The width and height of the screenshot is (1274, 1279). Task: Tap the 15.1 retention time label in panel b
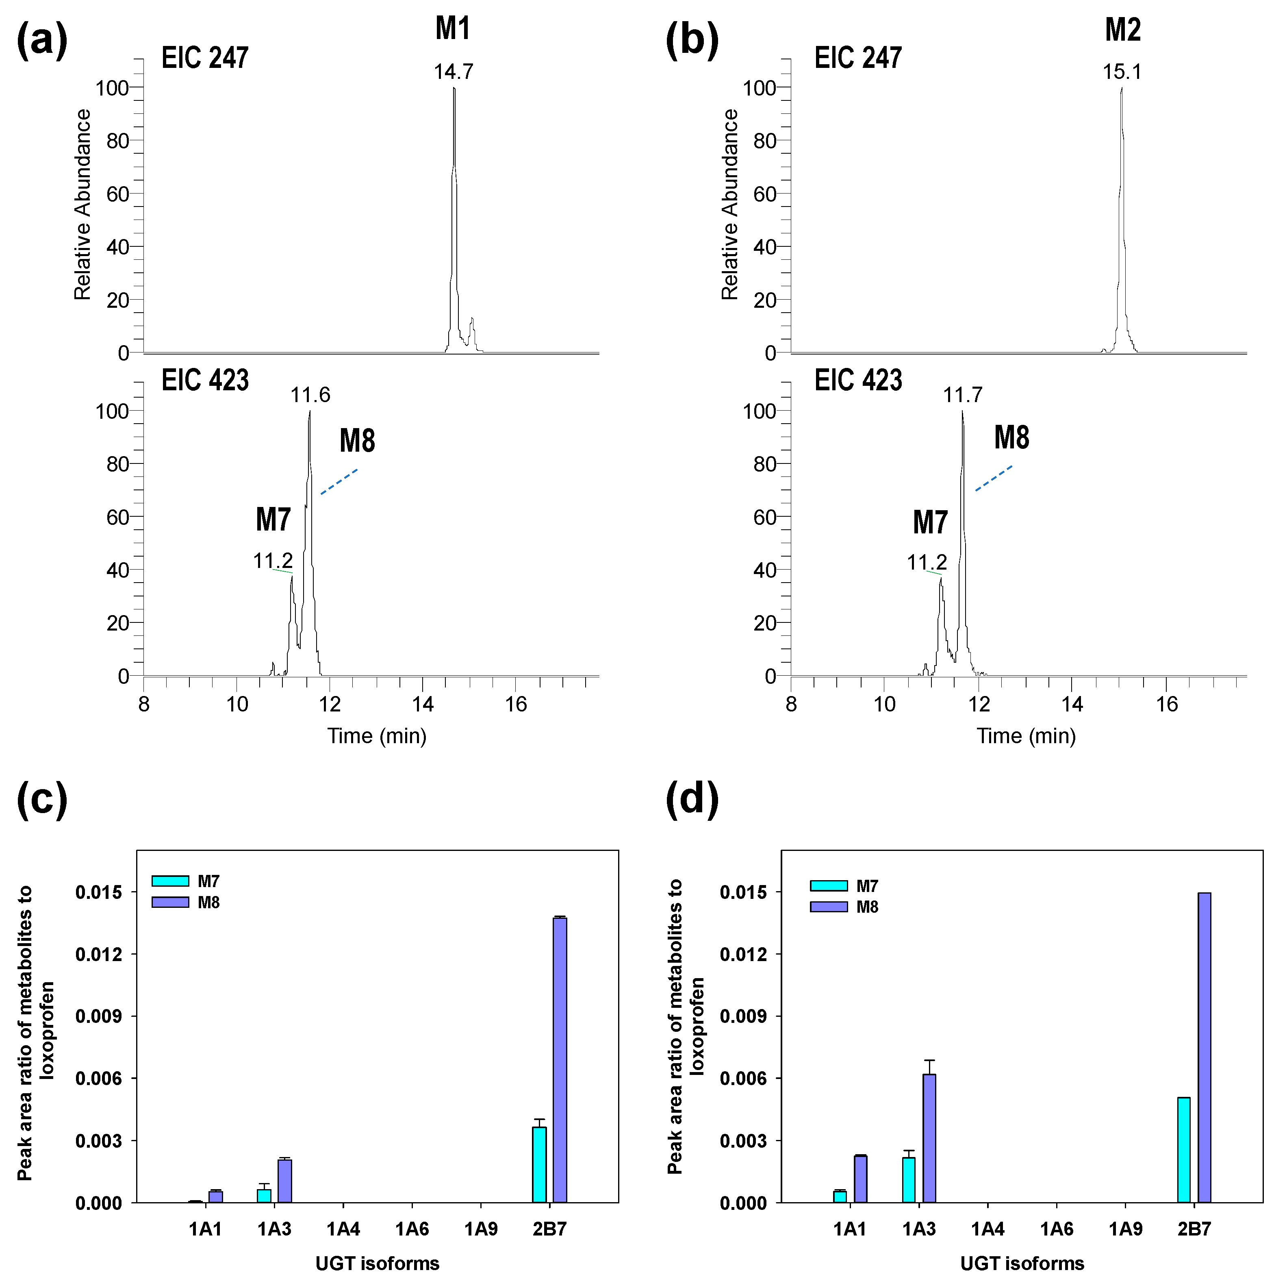[1122, 72]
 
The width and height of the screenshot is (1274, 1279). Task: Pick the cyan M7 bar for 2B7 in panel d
[1184, 1151]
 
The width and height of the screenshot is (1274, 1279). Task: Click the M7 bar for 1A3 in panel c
[264, 1196]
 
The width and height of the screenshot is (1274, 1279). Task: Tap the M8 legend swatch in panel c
[170, 902]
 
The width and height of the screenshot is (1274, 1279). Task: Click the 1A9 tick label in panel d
[1125, 1229]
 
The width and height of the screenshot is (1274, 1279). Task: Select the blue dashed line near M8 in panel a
[339, 482]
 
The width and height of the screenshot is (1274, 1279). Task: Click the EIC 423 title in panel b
[858, 381]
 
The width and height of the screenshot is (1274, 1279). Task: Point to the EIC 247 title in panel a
[205, 58]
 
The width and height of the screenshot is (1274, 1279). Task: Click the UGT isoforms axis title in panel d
[1022, 1264]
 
